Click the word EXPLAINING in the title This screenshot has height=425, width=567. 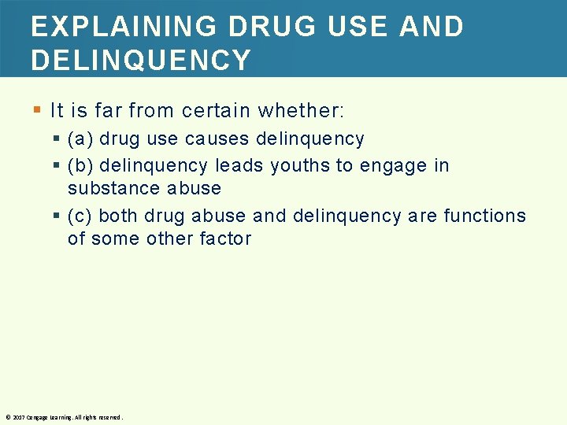(122, 26)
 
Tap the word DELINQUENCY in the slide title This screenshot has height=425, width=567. (141, 60)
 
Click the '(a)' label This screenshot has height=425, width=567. (80, 139)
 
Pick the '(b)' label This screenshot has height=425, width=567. (80, 165)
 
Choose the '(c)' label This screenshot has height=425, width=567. (80, 216)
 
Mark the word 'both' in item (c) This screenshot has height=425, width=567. (119, 216)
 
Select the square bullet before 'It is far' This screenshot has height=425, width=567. (36, 109)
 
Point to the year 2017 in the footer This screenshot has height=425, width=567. (18, 417)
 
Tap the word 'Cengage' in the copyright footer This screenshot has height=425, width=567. (37, 417)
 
